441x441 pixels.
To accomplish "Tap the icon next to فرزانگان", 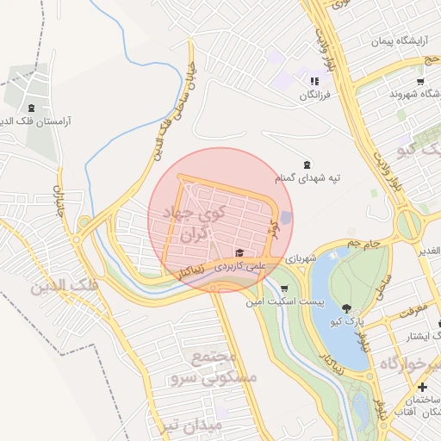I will pos(315,80).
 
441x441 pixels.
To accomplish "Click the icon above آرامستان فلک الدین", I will pos(32,108).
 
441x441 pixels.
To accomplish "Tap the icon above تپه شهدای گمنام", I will pos(307,165).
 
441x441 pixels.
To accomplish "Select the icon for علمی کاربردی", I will pos(239,253).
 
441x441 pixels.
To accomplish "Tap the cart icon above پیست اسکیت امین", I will pos(285,289).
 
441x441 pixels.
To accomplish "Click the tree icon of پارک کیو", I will pos(346,307).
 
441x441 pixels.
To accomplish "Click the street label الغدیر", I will pos(428,251).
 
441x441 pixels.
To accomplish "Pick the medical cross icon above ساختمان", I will pos(422,387).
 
